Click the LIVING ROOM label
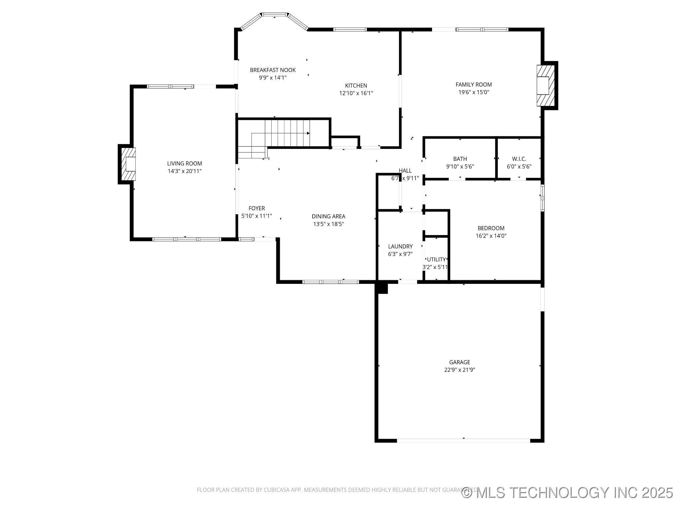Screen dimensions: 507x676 coord(185,163)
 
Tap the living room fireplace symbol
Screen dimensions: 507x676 coord(128,164)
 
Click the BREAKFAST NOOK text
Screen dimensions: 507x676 coord(273,70)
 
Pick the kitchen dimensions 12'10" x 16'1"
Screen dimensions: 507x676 coord(356,93)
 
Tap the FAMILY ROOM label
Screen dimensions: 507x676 coord(473,84)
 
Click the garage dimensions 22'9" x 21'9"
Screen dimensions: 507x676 coord(459,370)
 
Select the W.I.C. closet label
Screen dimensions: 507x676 coord(519,159)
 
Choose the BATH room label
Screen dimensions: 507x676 coord(460,159)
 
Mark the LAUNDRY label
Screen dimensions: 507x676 coord(400,246)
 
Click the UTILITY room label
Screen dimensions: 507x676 coord(436,259)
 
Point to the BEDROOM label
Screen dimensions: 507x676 coord(491,228)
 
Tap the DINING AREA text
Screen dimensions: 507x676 coord(328,217)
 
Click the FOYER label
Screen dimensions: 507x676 coord(256,208)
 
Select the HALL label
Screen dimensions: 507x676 coord(405,171)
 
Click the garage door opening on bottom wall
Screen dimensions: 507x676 coord(463,440)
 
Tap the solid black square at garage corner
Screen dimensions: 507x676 coord(382,288)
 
